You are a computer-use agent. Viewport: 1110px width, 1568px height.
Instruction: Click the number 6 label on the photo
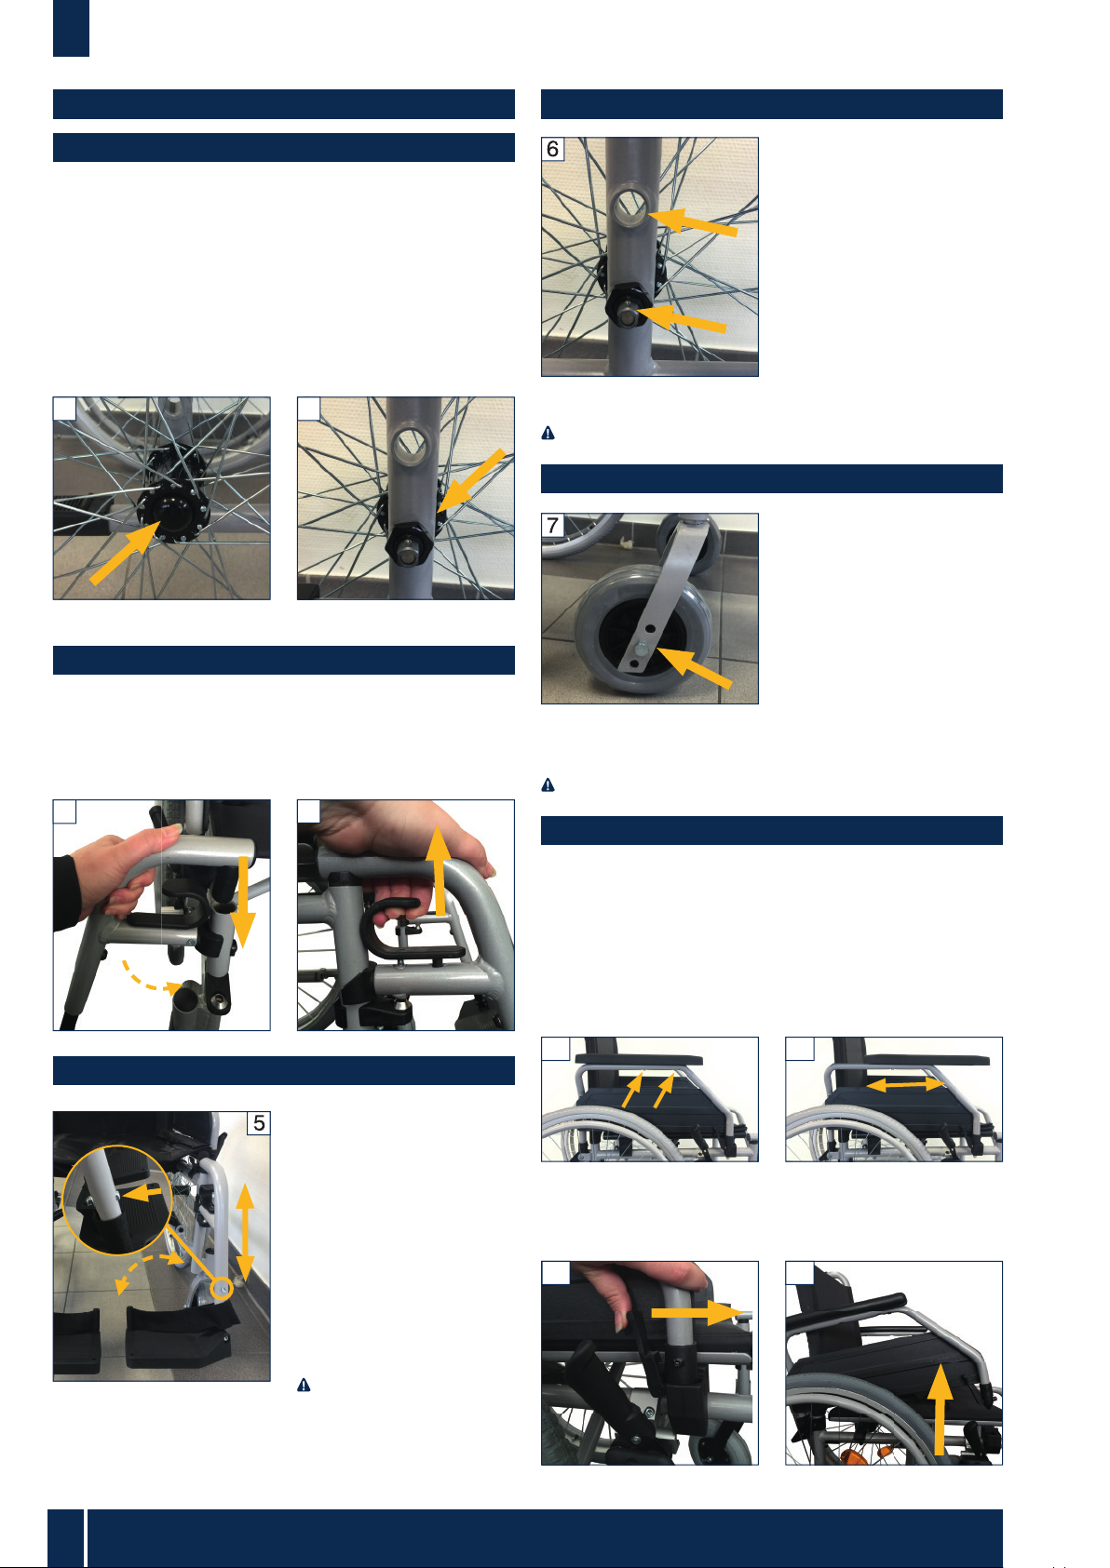click(x=552, y=149)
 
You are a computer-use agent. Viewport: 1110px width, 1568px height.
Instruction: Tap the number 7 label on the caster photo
click(x=552, y=525)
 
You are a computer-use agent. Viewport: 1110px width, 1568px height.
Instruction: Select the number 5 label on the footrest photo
click(x=259, y=1123)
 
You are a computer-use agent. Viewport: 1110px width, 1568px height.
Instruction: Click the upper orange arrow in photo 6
click(x=694, y=221)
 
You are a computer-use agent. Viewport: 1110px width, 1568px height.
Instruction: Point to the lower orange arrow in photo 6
click(x=683, y=318)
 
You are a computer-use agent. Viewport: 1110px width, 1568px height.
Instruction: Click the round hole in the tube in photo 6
click(x=629, y=208)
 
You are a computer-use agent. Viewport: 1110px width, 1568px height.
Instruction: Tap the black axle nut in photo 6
click(x=628, y=306)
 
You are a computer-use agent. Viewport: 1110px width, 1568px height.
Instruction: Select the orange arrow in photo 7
click(x=694, y=668)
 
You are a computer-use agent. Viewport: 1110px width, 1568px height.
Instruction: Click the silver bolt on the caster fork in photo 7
click(x=640, y=650)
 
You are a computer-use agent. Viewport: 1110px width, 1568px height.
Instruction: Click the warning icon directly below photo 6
click(x=548, y=434)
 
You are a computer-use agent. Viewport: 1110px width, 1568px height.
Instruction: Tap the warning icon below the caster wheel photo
click(x=548, y=784)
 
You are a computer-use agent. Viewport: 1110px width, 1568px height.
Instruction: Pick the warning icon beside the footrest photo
click(x=304, y=1385)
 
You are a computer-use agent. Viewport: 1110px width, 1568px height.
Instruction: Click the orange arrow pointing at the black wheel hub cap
click(x=126, y=553)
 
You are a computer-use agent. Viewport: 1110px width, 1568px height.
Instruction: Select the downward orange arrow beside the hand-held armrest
click(x=242, y=902)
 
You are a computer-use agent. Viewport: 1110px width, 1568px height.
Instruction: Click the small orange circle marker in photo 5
click(x=222, y=1287)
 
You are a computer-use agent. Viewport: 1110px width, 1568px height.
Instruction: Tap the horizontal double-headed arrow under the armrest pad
click(x=905, y=1084)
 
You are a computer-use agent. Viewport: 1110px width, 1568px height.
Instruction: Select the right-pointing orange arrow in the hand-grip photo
click(x=697, y=1313)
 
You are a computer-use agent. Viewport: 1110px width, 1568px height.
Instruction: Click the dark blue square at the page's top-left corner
click(x=72, y=28)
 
